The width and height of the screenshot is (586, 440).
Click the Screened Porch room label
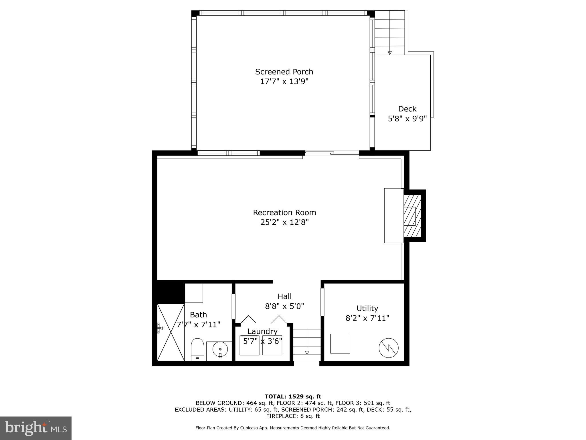[284, 72]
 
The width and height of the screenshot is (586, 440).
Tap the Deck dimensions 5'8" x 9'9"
[407, 119]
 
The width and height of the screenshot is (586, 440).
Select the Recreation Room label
[284, 213]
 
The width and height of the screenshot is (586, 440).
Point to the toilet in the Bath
[197, 349]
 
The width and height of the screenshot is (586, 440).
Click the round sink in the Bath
[220, 349]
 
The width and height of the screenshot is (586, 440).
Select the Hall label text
[284, 296]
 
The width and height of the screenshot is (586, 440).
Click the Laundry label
[262, 331]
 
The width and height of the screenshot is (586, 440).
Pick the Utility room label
[367, 308]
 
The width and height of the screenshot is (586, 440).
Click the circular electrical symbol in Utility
[389, 348]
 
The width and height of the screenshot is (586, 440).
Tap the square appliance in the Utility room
[340, 343]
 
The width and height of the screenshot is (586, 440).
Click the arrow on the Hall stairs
[307, 353]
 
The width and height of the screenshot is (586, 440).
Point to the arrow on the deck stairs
[389, 53]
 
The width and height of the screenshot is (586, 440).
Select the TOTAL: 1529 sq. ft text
[293, 397]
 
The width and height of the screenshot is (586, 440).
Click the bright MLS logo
[36, 428]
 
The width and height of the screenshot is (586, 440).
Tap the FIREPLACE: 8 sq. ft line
[293, 416]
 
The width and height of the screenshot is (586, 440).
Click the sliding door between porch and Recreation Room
[332, 153]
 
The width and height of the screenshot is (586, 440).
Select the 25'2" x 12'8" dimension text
[284, 222]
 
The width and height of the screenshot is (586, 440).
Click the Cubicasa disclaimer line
[293, 428]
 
